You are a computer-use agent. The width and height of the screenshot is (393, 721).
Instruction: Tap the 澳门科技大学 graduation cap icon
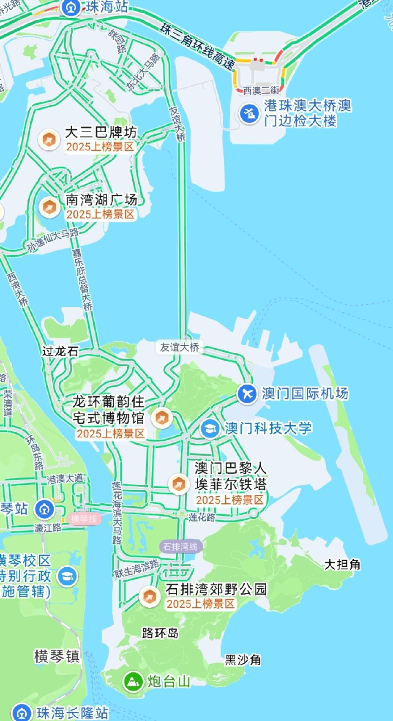tap(210, 429)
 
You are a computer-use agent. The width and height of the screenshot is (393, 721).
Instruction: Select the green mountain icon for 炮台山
tap(133, 681)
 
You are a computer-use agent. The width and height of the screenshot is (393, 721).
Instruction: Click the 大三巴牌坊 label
tap(101, 133)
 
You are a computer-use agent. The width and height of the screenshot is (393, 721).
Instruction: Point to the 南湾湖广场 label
tap(101, 200)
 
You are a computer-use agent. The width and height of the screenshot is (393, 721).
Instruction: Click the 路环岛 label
tap(160, 633)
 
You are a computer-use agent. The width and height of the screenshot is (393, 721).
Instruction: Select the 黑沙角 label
tap(243, 660)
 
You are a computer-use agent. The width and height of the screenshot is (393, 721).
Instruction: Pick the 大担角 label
tap(342, 565)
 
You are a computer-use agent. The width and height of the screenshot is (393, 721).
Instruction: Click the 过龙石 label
tap(60, 351)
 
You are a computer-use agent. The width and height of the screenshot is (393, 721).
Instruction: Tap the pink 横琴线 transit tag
tap(84, 519)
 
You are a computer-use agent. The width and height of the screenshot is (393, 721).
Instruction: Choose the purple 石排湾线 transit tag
tap(180, 546)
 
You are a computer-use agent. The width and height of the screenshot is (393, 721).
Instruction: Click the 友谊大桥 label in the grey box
tap(180, 347)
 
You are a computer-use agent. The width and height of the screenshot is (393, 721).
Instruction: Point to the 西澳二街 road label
tap(261, 90)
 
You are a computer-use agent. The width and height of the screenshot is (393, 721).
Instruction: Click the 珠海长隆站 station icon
tap(22, 713)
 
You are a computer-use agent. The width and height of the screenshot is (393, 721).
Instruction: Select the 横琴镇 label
tap(57, 657)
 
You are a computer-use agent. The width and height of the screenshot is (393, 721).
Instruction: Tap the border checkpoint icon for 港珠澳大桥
tap(249, 113)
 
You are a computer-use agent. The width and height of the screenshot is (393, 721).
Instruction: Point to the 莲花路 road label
tap(202, 517)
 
